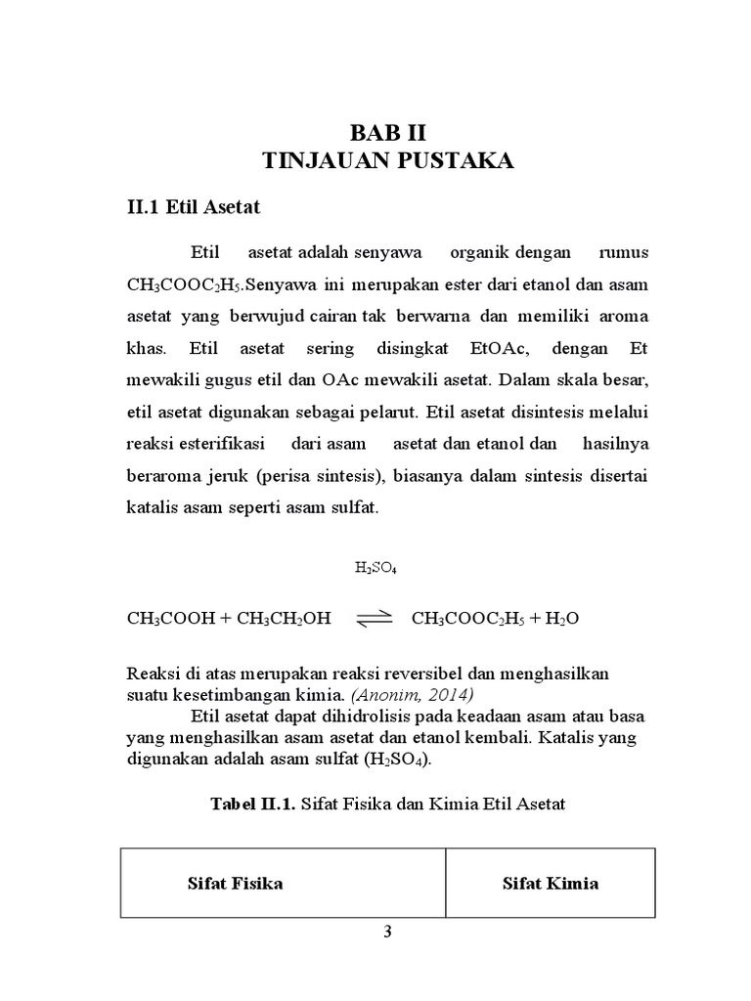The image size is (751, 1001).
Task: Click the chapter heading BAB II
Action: point(390,132)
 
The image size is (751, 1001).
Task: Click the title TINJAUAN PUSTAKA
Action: point(390,161)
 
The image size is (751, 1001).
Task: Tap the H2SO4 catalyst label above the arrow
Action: point(375,567)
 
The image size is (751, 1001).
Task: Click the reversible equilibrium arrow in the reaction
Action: point(373,618)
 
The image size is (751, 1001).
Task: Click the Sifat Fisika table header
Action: point(235,884)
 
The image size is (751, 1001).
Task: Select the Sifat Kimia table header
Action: point(551,884)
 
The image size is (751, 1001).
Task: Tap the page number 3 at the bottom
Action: point(387,932)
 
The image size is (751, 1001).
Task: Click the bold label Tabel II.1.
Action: point(252,804)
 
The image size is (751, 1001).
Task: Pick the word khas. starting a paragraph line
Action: point(148,347)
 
